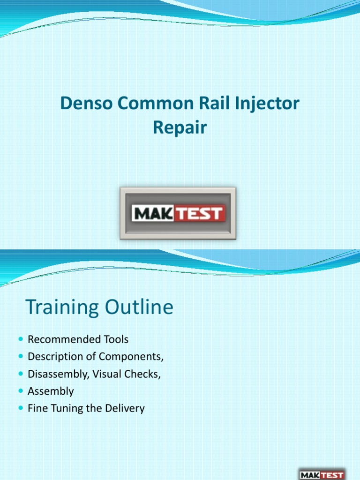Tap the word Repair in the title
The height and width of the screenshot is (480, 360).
(180, 128)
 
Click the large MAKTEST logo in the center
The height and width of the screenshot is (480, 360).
(178, 213)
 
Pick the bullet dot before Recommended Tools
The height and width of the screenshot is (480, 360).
(19, 339)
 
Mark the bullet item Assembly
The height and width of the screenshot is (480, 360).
(51, 391)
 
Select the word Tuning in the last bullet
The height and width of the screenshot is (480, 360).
(62, 408)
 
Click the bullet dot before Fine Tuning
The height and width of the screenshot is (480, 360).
(19, 408)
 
